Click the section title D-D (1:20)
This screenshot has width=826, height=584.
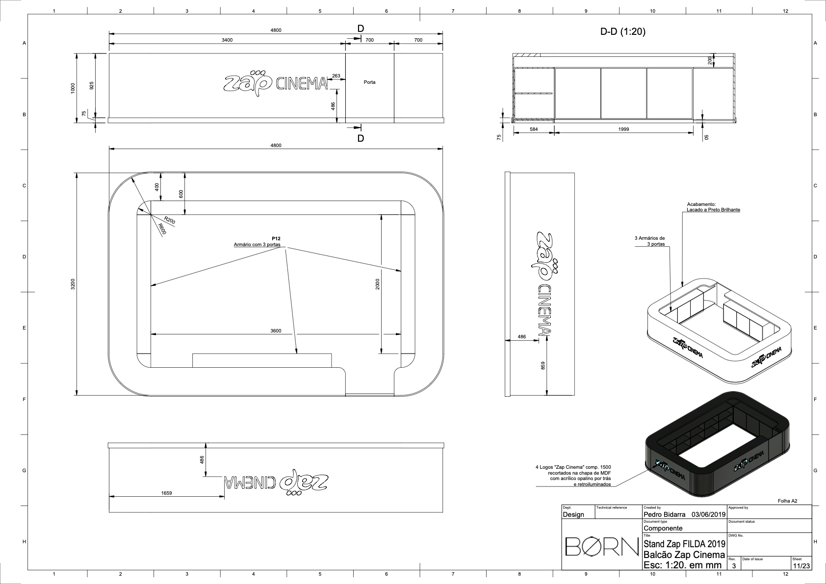tap(623, 32)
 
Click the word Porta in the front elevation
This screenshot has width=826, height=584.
tap(369, 82)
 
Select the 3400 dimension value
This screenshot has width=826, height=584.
tap(227, 40)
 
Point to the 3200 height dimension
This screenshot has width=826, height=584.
tap(73, 284)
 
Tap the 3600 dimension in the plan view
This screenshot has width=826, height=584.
tap(276, 330)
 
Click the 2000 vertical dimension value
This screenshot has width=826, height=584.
tap(377, 284)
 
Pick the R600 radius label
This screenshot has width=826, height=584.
tap(162, 229)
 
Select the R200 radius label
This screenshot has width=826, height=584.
tap(170, 221)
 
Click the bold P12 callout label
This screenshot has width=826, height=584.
tap(276, 238)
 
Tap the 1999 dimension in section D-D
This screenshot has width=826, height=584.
tap(623, 129)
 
